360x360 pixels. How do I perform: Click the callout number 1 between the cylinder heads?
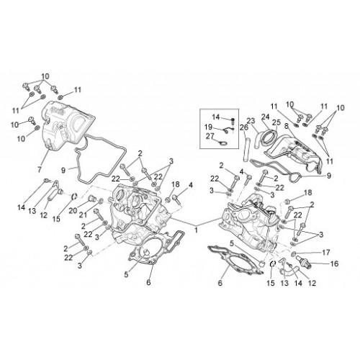click(x=196, y=230)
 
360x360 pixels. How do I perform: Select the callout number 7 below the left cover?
click(x=40, y=169)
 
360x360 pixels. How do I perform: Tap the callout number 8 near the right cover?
click(x=286, y=126)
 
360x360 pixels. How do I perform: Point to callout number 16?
click(x=334, y=264)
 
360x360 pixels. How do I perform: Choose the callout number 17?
click(x=326, y=253)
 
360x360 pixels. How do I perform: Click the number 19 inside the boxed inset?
click(x=209, y=127)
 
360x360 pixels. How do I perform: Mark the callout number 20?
click(x=73, y=211)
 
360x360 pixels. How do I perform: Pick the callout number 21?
click(x=84, y=215)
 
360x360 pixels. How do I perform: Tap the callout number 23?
click(x=251, y=121)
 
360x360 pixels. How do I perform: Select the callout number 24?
click(x=266, y=117)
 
